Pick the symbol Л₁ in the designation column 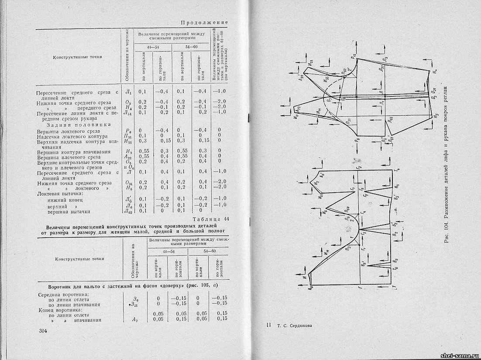128,91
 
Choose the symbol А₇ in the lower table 135,319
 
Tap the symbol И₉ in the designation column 127,151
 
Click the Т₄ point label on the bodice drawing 396,170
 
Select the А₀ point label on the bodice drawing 310,289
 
